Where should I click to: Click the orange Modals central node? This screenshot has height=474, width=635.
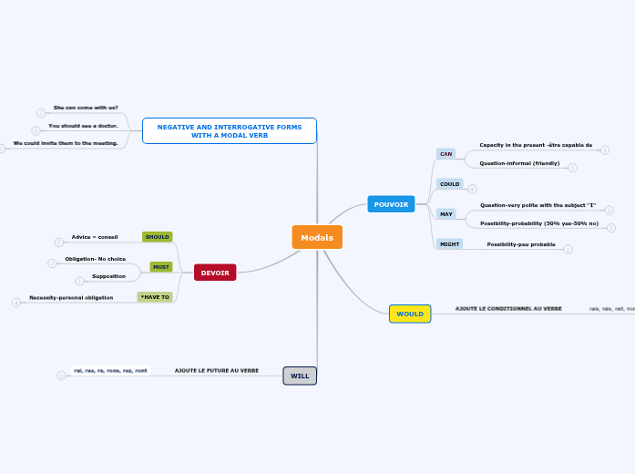click(317, 237)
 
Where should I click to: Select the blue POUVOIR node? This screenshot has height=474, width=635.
click(391, 204)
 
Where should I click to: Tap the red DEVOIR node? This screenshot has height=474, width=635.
click(215, 273)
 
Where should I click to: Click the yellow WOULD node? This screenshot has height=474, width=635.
click(410, 314)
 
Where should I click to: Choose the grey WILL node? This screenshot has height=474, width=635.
click(300, 376)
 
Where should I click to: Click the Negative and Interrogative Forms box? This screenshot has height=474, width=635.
click(230, 130)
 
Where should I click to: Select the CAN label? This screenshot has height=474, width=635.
click(446, 154)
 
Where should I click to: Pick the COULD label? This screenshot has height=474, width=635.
click(449, 184)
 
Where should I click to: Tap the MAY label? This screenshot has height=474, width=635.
click(446, 214)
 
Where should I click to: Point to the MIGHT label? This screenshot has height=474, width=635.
click(449, 244)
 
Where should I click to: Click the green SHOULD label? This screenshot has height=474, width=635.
click(158, 237)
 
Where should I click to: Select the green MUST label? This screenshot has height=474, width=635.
click(161, 267)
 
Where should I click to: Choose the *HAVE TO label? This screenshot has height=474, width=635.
click(155, 297)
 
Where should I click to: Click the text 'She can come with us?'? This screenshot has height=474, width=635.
click(86, 108)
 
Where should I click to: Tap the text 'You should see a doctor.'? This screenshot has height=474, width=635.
click(83, 126)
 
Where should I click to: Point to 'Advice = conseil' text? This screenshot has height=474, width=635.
click(95, 237)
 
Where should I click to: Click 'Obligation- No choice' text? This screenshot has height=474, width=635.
click(95, 259)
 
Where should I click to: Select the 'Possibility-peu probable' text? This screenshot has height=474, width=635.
click(520, 244)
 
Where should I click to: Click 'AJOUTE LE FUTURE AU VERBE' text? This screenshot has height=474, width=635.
click(217, 371)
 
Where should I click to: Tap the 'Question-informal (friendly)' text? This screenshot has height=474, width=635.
click(519, 163)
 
